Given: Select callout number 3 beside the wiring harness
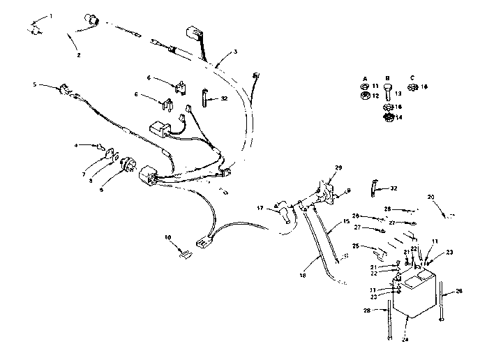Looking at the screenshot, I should [235, 51].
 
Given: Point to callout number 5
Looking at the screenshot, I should [35, 84].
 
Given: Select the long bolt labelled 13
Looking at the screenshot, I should [388, 92].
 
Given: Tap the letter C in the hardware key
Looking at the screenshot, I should [412, 78].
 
